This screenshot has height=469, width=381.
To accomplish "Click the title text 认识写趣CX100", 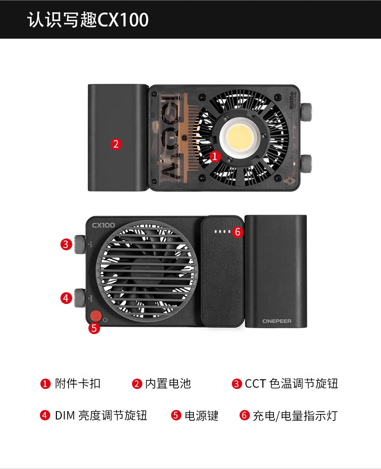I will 88,20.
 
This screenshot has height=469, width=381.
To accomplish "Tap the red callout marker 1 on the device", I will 215,156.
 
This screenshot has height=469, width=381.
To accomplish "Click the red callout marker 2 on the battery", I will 116,144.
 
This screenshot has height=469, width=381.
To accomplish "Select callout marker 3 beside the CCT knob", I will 67,244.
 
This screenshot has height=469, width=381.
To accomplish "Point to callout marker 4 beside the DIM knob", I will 67,298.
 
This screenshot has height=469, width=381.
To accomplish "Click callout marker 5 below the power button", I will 95,329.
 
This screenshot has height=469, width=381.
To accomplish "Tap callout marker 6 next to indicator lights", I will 237,232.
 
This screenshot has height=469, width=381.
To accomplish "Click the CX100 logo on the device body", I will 103,225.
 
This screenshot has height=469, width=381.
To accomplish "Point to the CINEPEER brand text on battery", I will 276,321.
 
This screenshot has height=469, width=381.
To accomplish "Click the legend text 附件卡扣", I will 78,384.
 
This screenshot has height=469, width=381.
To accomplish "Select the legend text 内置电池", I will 168,384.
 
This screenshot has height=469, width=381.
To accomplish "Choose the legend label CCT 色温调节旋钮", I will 291,384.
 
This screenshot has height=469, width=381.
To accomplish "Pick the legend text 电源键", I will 202,415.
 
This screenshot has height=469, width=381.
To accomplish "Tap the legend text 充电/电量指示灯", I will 295,415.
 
